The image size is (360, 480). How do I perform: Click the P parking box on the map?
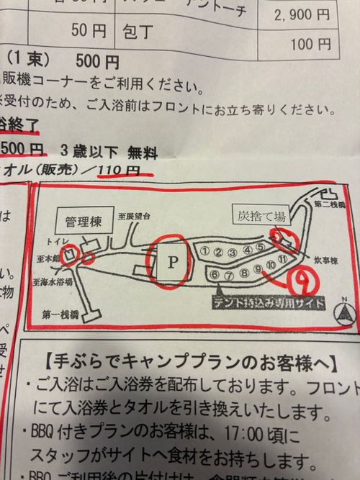172,262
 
